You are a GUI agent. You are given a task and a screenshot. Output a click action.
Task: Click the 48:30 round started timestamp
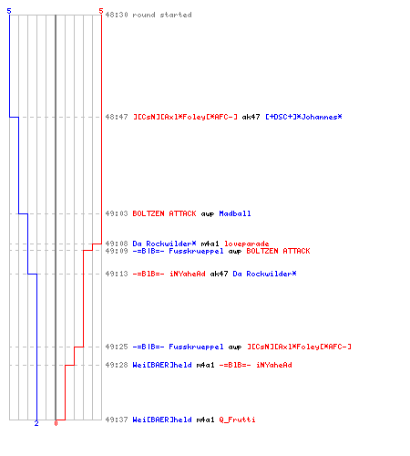point(117,15)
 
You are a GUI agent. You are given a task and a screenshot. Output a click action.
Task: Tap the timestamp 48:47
point(117,117)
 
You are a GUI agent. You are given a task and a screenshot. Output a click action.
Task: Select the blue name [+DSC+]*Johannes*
point(303,117)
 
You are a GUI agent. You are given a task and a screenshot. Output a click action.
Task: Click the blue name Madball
point(235,213)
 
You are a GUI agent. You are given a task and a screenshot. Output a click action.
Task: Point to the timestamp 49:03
point(117,213)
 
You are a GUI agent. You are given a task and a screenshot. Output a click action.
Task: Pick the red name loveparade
point(247,244)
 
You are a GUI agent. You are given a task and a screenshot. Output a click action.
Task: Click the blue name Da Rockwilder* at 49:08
point(164,244)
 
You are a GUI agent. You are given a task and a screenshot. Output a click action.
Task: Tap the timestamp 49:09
point(117,251)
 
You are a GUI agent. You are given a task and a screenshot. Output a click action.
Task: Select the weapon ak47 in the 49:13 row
point(219,274)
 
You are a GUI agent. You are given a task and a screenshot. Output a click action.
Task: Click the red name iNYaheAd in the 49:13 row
point(188,274)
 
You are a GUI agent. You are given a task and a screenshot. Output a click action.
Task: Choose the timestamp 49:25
point(117,347)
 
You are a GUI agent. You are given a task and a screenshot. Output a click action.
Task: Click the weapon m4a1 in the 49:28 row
point(205,365)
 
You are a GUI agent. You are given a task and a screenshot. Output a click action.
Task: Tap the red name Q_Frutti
point(237,420)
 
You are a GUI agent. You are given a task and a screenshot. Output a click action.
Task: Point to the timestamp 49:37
point(117,420)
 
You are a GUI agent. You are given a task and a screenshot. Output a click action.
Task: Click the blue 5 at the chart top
point(9,11)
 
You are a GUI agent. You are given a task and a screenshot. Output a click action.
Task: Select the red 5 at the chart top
point(101,11)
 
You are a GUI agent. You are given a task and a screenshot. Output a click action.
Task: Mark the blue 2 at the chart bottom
point(36,423)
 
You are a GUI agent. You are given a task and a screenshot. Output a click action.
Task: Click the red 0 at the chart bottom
point(56,423)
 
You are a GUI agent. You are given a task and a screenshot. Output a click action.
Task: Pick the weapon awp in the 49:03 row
point(208,214)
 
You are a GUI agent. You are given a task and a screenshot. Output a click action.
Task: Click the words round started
point(162,15)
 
